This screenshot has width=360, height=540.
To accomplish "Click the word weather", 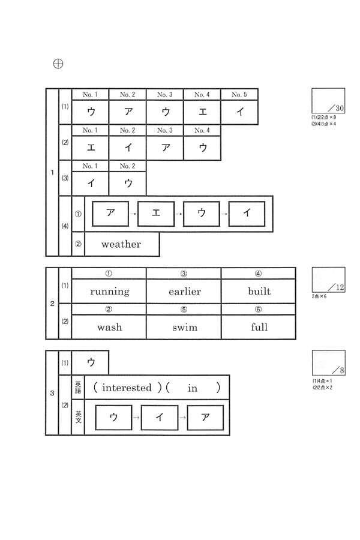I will click(121, 244).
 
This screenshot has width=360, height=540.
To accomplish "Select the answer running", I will click(109, 292).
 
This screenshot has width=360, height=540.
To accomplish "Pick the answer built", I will click(259, 292).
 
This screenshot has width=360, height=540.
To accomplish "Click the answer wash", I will click(109, 327).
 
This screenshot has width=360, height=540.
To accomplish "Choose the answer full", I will click(259, 327).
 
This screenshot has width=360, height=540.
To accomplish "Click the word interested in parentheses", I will click(127, 388).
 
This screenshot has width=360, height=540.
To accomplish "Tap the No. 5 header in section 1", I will click(239, 95).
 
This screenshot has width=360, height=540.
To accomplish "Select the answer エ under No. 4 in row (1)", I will click(202, 111).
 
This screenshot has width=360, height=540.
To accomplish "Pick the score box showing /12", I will click(328, 280).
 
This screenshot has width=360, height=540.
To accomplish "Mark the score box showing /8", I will click(328, 362).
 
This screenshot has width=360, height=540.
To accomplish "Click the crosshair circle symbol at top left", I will click(58, 64).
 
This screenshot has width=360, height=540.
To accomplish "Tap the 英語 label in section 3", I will click(78, 387).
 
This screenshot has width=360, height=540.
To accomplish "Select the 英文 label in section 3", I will click(78, 418).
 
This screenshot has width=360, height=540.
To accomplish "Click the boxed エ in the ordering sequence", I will click(155, 214).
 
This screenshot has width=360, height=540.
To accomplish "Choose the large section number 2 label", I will click(52, 304).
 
